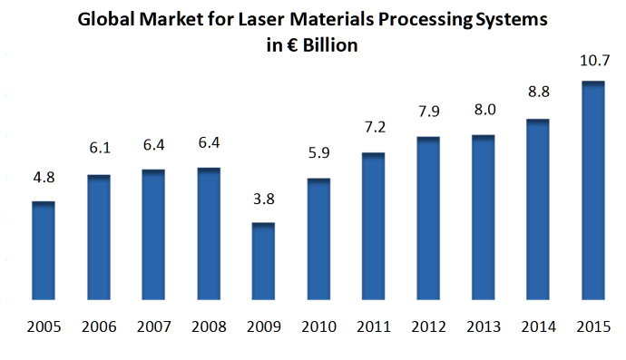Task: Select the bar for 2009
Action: point(263,262)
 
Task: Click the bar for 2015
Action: point(592,191)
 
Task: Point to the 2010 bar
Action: point(318,239)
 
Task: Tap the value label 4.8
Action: point(44,180)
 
